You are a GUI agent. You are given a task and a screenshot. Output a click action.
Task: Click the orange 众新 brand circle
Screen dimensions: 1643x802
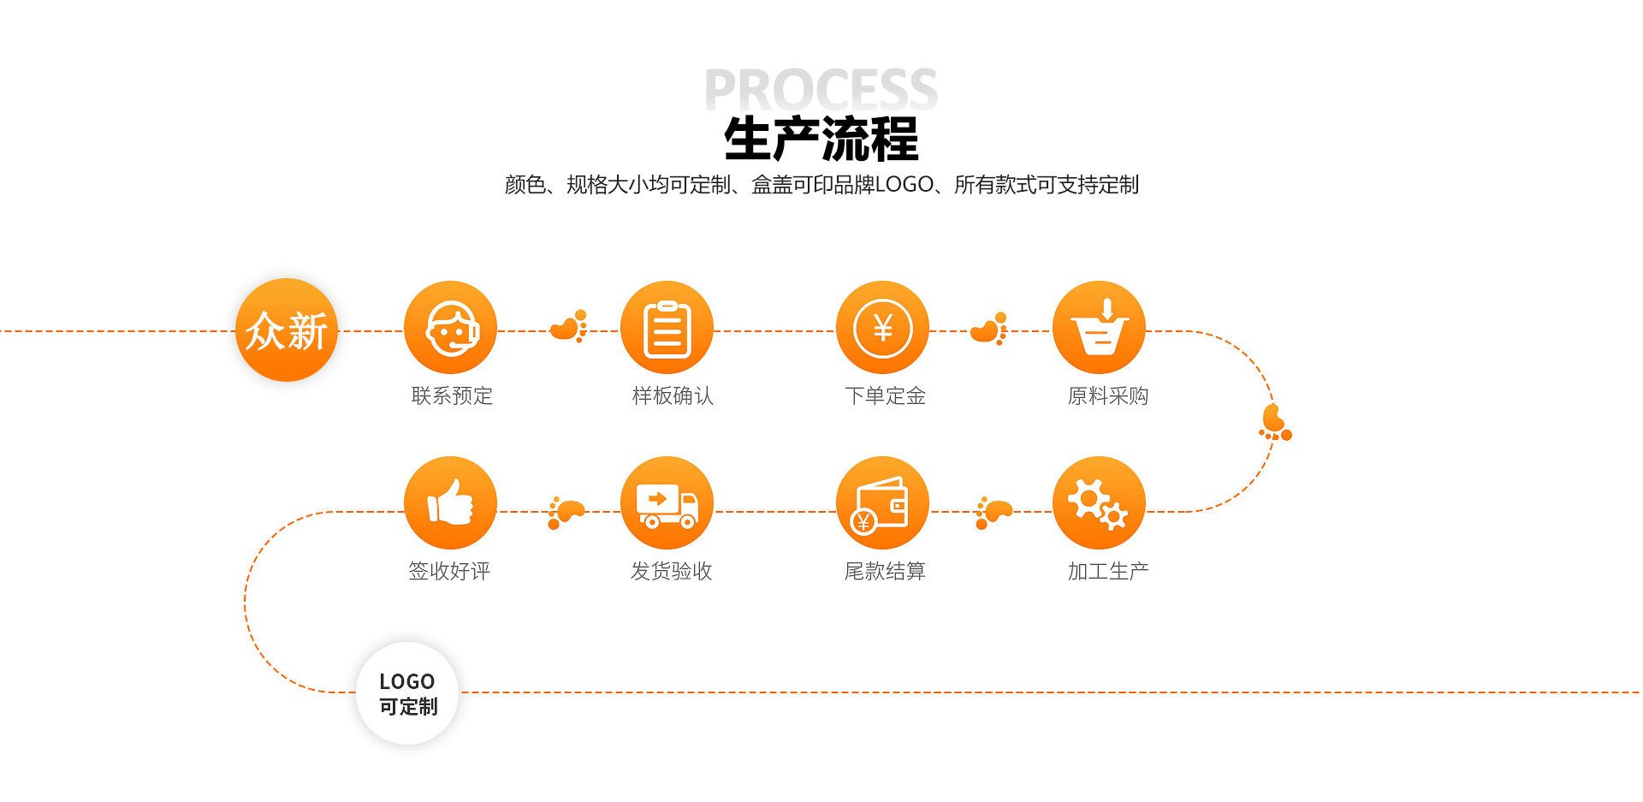287,330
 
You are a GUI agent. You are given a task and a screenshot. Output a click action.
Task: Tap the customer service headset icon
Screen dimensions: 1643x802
450,327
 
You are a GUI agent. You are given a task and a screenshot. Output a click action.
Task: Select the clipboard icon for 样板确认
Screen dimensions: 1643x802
667,327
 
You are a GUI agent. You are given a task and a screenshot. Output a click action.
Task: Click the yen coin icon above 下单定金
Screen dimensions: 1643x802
882,327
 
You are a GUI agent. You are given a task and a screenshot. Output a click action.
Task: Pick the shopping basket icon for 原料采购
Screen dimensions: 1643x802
1099,327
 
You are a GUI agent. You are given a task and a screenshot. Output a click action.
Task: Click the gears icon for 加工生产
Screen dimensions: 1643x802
1099,502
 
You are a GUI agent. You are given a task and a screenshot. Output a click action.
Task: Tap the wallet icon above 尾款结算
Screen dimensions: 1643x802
882,502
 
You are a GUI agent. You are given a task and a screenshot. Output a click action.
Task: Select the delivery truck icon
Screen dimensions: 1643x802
667,502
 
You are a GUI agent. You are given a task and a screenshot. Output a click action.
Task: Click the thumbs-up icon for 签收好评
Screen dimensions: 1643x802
450,502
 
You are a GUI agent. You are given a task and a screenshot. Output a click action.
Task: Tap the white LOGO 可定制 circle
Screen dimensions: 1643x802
407,693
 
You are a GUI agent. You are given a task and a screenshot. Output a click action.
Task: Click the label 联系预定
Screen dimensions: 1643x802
452,395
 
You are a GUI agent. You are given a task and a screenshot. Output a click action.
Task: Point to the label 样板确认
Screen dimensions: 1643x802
673,395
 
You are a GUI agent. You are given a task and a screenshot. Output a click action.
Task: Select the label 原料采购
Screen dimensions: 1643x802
1108,395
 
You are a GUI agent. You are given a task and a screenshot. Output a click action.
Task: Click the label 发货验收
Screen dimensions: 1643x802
672,571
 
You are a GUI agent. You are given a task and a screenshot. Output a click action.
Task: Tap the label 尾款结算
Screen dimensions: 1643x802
885,571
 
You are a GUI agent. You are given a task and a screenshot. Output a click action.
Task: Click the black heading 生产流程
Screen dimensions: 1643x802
821,139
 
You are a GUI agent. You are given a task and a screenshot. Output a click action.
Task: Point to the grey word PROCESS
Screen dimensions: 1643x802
821,89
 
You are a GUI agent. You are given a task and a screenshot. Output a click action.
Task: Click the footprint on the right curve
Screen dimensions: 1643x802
1274,423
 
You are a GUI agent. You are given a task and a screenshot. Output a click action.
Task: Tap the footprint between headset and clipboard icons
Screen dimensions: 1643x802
569,326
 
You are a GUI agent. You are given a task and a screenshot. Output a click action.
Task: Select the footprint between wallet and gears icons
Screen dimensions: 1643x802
994,513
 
